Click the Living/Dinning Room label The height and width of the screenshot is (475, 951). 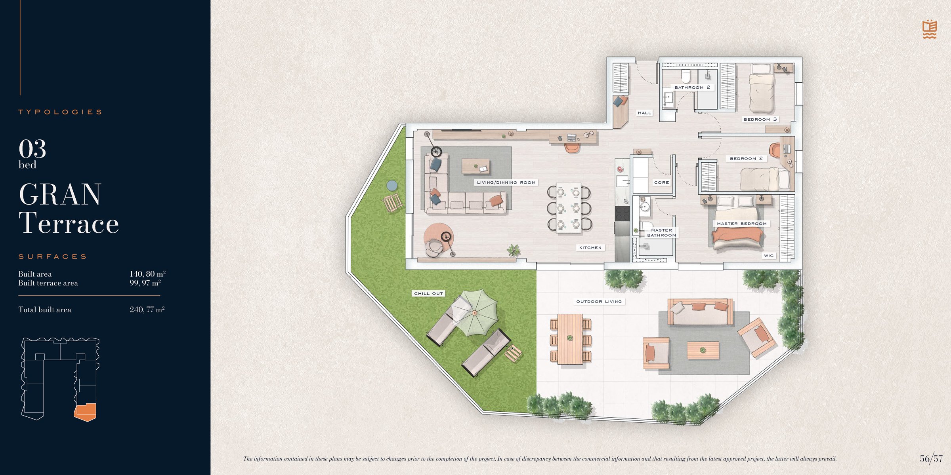(506, 182)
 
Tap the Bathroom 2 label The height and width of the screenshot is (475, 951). (692, 87)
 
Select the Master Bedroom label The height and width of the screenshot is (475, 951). (742, 224)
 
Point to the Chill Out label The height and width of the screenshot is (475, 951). (428, 294)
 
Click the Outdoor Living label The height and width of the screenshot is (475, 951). (599, 302)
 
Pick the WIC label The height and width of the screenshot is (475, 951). (769, 256)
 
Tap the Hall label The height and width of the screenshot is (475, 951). (644, 113)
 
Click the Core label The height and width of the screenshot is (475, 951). (661, 182)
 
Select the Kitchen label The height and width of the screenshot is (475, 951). (590, 248)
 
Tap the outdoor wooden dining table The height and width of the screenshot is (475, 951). (570, 339)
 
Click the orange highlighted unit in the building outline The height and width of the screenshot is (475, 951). (86, 412)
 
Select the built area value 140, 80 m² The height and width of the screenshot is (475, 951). (147, 274)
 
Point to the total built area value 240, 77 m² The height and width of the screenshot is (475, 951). (147, 310)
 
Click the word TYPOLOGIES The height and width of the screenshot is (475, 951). (60, 112)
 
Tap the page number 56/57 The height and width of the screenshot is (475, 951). (931, 458)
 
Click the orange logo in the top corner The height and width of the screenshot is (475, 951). (930, 29)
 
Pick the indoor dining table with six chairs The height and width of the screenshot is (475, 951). (568, 207)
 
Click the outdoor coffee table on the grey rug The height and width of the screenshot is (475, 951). (703, 350)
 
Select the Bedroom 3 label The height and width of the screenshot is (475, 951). (760, 119)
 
